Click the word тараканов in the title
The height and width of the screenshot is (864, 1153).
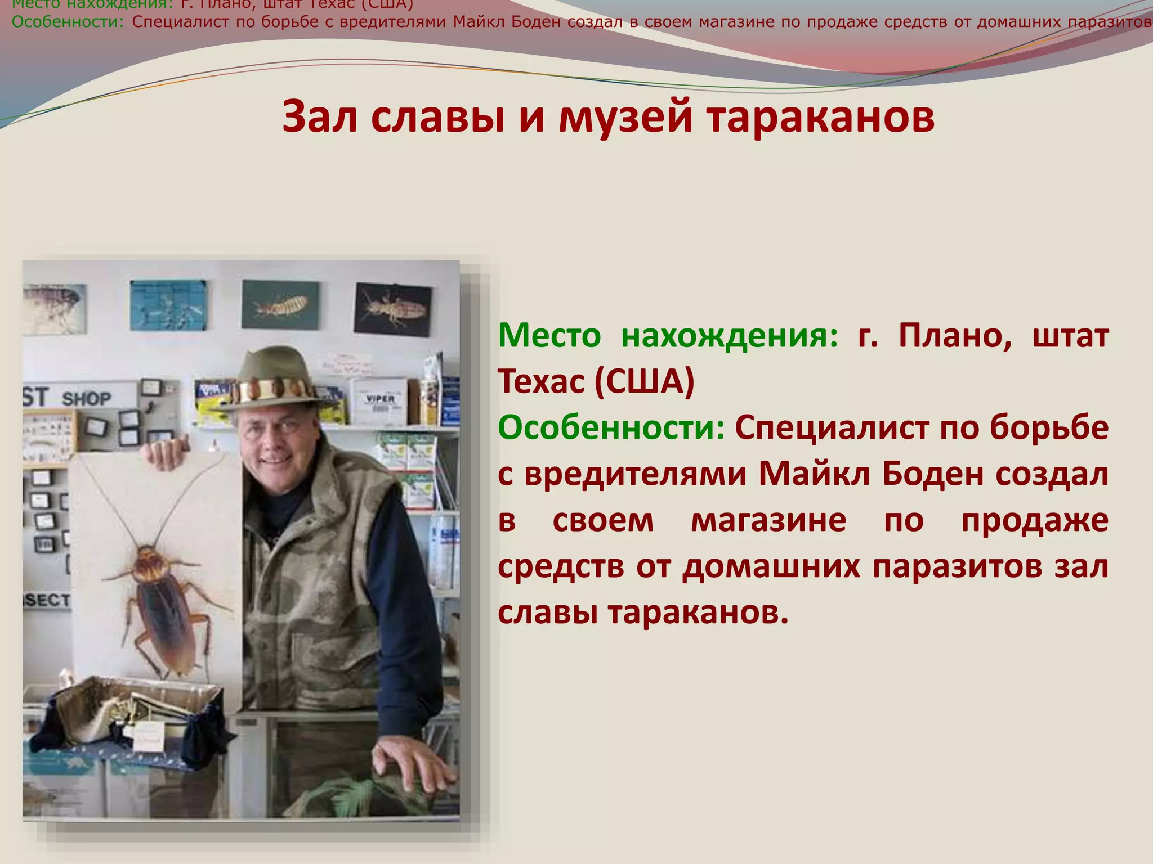[820, 116]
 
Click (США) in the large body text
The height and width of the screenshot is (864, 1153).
[644, 382]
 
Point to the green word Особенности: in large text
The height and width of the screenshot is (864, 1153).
[611, 428]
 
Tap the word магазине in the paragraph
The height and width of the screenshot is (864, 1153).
[768, 520]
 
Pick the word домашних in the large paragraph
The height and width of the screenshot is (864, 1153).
[771, 566]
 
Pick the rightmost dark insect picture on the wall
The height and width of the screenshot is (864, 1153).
[392, 308]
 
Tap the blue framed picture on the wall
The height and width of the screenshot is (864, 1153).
[168, 305]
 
